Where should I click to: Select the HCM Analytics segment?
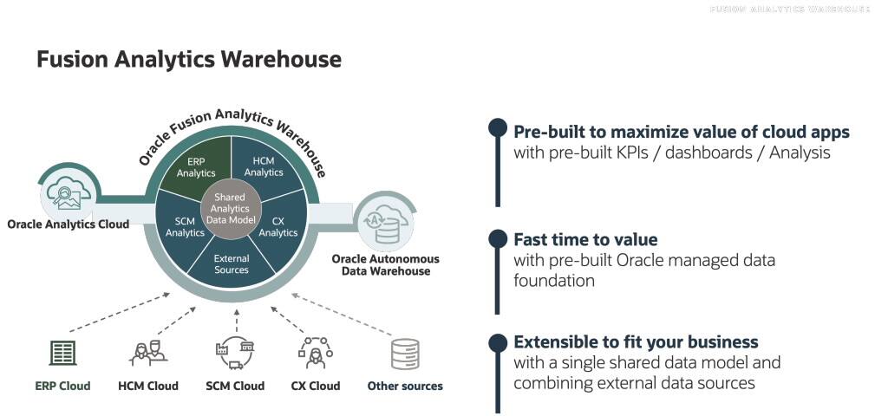pos(264,165)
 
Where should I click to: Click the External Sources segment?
pos(232,263)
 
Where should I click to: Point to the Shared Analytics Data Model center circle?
pos(232,209)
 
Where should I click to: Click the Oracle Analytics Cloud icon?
pos(66,188)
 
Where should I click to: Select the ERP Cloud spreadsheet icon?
pos(62,353)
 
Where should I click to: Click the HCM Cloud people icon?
pos(147,353)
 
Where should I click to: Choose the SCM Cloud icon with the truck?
pos(234,354)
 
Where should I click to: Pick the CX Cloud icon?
pos(315,353)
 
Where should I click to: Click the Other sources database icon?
pos(404,354)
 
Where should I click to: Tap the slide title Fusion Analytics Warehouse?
pos(188,60)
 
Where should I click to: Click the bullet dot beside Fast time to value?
pos(497,239)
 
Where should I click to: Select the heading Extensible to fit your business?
pos(636,341)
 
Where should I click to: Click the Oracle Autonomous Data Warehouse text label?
pos(386,265)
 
